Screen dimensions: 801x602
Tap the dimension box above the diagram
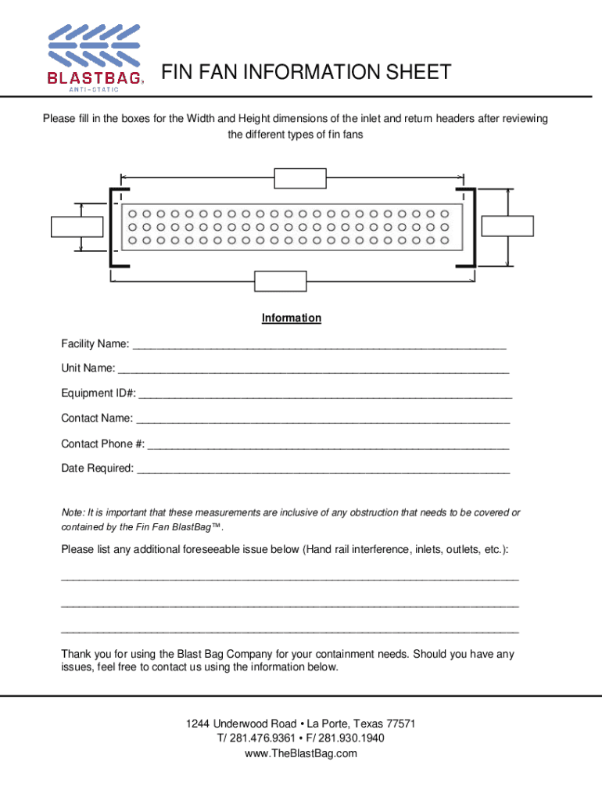(x=300, y=178)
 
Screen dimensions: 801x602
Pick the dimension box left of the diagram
(x=76, y=226)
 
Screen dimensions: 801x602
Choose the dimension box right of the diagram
(x=507, y=226)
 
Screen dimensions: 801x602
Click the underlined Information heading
(x=292, y=318)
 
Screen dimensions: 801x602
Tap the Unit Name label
(x=88, y=368)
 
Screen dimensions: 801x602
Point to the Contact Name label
(x=97, y=418)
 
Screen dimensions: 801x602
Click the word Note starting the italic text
(x=72, y=512)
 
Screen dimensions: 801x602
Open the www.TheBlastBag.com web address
(x=301, y=753)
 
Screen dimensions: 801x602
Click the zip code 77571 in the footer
(x=400, y=724)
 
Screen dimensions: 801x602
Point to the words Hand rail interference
(x=357, y=550)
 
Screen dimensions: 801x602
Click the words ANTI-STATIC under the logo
(x=94, y=89)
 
